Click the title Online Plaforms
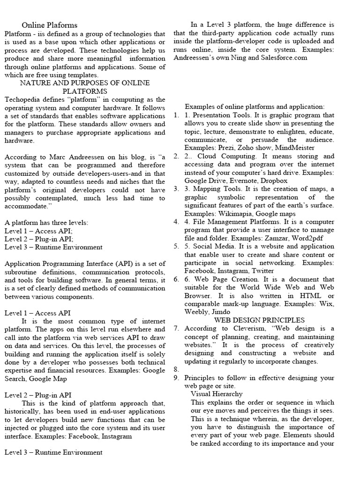50,25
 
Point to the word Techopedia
22,99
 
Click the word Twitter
262,271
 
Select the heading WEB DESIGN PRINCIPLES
253,320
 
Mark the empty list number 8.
176,369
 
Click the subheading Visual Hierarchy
217,394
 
